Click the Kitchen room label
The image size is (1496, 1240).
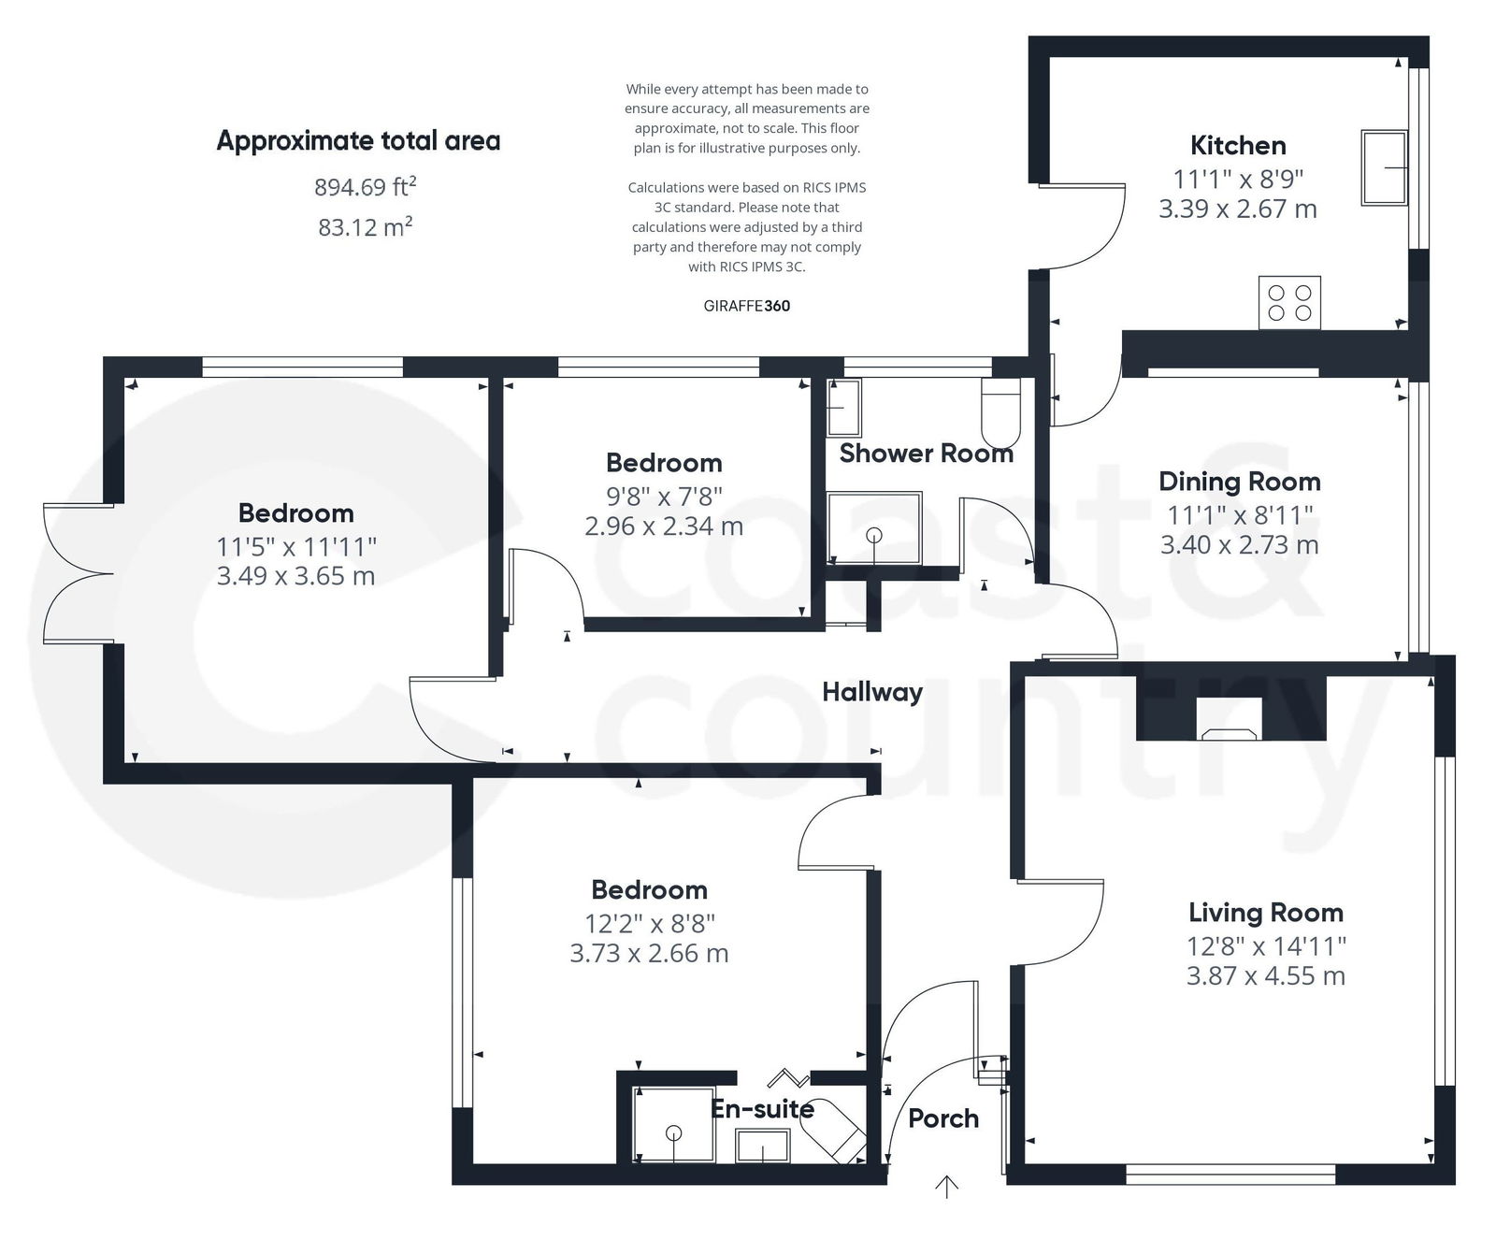click(x=1238, y=145)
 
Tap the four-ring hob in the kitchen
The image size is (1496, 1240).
click(x=1289, y=302)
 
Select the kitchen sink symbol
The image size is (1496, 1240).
click(x=1384, y=167)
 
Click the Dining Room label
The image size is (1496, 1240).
click(x=1239, y=482)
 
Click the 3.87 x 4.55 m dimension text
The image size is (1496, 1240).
click(x=1265, y=976)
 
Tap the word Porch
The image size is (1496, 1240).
click(x=942, y=1117)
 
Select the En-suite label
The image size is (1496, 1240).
click(x=762, y=1109)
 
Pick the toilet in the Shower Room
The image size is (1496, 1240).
click(x=1000, y=411)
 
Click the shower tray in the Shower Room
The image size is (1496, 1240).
click(x=874, y=528)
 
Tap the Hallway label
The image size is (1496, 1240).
click(x=871, y=692)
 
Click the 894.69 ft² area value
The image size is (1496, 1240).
click(x=365, y=187)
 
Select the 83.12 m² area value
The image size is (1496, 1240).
click(x=365, y=227)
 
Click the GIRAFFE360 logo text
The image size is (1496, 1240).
click(x=746, y=306)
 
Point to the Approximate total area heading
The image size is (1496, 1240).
click(x=358, y=141)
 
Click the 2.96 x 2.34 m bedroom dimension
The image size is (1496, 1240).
click(x=663, y=526)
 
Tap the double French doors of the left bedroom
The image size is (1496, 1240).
click(x=79, y=573)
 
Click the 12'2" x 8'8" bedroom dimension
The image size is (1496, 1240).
click(x=649, y=924)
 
